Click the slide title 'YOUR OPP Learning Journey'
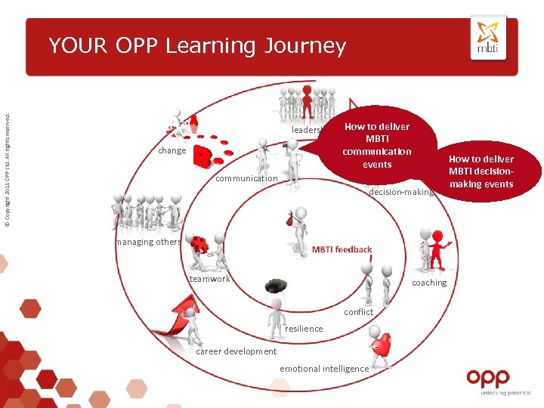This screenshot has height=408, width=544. coord(197,46)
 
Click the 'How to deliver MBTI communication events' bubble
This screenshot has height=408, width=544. coord(377,145)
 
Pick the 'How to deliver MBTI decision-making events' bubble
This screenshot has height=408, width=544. coord(481,172)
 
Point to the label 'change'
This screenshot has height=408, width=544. coord(172,150)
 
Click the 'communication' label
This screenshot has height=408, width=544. coord(246,179)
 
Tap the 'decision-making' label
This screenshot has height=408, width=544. coord(400,192)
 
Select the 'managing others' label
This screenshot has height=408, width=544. coord(148,242)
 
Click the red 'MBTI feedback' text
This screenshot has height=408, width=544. coord(342,249)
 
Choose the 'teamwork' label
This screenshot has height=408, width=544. coord(209,279)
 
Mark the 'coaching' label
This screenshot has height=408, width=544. coord(429,283)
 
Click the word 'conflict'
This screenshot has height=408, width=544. coord(358,312)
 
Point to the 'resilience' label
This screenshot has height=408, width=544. coord(304,329)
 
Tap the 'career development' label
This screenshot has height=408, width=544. coord(236,351)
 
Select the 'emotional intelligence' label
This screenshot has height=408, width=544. coord(324,369)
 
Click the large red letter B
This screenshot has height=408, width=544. coord(202,156)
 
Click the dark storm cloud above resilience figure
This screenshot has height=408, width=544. coord(276,286)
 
